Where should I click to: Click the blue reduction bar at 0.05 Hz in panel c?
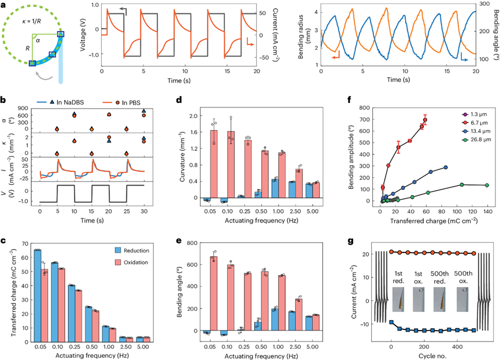point(37,288)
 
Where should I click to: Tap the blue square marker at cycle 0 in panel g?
point(391,322)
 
